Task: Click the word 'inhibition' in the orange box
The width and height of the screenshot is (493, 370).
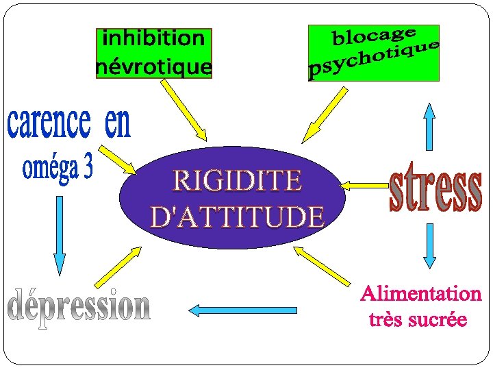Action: coord(153,38)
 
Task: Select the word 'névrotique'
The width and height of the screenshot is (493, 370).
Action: coord(153,66)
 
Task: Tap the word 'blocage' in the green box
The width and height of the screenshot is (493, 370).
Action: coord(373,35)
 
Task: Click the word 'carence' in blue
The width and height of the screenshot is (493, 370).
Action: coord(49,123)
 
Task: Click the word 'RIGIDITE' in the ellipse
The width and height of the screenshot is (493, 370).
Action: coord(237,181)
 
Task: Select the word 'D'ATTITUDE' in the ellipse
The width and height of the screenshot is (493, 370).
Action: coord(237,217)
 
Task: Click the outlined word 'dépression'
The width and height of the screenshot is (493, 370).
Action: coord(79,306)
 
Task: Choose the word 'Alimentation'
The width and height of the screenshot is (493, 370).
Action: coord(420,294)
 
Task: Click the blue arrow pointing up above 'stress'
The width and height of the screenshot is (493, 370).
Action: coord(429,126)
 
